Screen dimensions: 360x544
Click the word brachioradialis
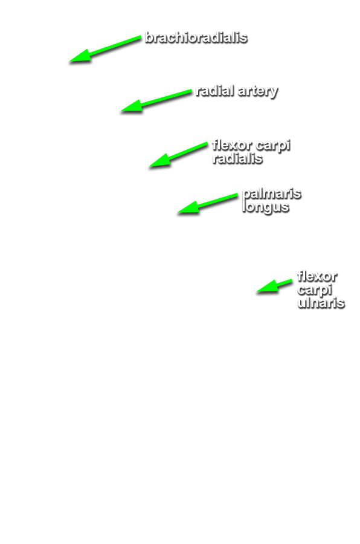pos(196,37)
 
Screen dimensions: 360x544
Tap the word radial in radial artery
pos(214,91)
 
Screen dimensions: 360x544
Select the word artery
pos(258,92)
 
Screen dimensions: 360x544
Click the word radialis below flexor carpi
pos(237,158)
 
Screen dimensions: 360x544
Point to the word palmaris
pos(272,193)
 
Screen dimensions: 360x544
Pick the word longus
pos(266,207)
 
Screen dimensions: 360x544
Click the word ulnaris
pos(321,303)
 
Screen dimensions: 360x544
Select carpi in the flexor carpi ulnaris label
pos(315,290)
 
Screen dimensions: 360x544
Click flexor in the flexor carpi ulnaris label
pos(317,276)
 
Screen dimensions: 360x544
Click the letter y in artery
pos(273,93)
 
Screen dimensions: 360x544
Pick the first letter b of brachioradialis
pos(149,37)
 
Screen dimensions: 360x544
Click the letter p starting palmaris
pos(246,195)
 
